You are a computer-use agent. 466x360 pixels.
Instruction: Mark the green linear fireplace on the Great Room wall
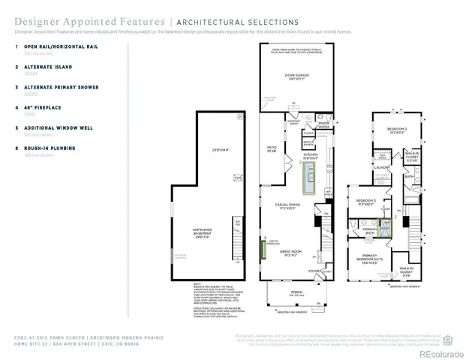(x=263, y=247)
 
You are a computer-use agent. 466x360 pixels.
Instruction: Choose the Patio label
(x=272, y=149)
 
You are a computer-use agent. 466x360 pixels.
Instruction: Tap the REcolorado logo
(x=443, y=353)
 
